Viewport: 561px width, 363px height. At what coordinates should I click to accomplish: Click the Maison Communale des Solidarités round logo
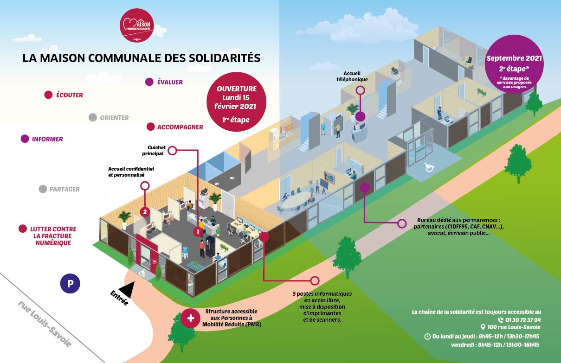pos(136,25)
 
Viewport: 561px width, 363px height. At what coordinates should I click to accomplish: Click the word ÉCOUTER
pos(70,95)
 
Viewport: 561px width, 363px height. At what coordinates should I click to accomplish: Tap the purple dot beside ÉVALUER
pos(149,82)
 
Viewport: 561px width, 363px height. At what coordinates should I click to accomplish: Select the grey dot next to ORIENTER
pos(93,118)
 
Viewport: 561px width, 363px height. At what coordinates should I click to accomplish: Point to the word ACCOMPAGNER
pos(180,127)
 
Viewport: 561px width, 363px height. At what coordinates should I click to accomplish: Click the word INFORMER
pos(47,139)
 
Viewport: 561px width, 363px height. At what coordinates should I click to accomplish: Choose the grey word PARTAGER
pos(64,189)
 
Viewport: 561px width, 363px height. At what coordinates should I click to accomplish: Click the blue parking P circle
pos(71,284)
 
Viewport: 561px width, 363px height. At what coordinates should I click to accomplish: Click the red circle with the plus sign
pos(190,318)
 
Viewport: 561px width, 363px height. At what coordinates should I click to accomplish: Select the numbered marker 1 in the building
pos(198,231)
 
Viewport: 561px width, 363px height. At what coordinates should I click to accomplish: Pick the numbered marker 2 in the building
pos(145,212)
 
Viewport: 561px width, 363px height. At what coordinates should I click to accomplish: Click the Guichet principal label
pos(157,150)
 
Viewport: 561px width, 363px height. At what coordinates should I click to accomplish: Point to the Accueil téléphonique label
pos(355,76)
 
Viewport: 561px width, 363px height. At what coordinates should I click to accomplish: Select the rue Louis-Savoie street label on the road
pos(45,324)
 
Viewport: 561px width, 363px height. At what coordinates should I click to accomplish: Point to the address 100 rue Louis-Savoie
pos(514,327)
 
